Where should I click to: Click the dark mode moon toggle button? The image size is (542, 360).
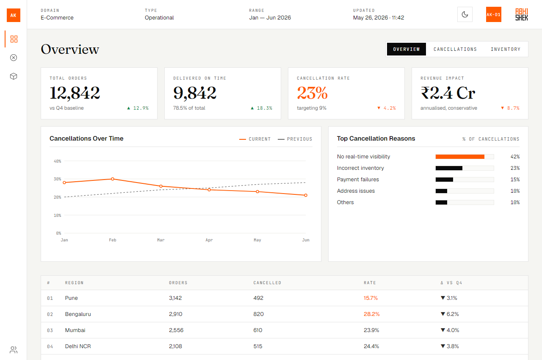465,14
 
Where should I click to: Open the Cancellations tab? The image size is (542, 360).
455,49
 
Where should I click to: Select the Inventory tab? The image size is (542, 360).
506,49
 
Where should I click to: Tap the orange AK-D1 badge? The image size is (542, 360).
493,14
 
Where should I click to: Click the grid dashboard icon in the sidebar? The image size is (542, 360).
14,39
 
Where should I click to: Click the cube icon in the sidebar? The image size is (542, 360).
14,76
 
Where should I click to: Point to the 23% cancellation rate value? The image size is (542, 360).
312,93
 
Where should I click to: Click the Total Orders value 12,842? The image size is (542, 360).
75,93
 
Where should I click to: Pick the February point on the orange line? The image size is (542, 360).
113,179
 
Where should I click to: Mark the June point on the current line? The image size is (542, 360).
306,195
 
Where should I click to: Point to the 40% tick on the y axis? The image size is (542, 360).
57,161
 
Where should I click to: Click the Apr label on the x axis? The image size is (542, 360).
209,240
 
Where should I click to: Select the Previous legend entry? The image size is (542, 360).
295,139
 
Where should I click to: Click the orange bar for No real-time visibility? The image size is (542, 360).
460,157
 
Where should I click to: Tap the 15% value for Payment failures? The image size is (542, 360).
515,180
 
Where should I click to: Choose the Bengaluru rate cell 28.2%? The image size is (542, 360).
371,314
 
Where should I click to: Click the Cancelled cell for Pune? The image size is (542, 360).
258,298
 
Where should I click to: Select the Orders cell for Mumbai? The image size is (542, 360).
176,330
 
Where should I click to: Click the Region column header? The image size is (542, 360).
74,283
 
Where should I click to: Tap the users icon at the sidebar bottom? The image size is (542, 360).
14,350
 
